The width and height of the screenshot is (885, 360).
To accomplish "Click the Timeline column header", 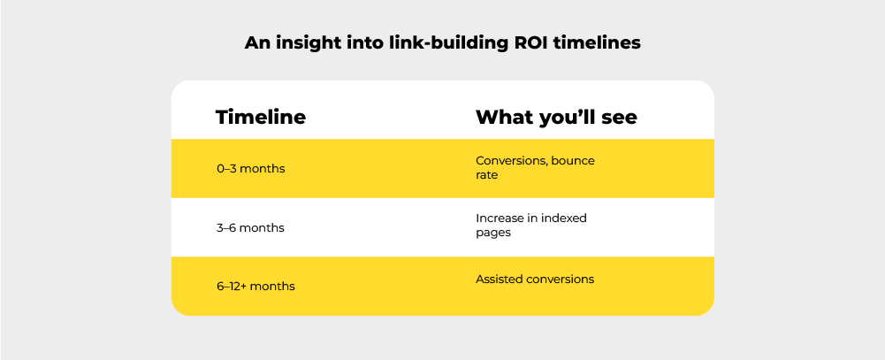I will (261, 117).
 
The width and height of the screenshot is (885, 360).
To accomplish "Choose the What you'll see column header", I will (556, 117).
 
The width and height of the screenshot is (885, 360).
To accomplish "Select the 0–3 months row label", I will (251, 168).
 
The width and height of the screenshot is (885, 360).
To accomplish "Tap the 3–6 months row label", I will (251, 227).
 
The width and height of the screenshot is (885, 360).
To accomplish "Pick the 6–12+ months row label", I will (256, 287).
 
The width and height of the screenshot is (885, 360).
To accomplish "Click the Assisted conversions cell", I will (535, 280).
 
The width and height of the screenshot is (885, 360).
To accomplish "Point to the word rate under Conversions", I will (486, 175).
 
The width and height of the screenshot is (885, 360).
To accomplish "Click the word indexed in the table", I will (566, 218).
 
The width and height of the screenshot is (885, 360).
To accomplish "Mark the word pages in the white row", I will (492, 233).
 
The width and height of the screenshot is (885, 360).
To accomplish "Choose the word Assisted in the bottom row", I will (500, 280).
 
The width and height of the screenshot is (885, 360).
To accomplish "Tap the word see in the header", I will (618, 117).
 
